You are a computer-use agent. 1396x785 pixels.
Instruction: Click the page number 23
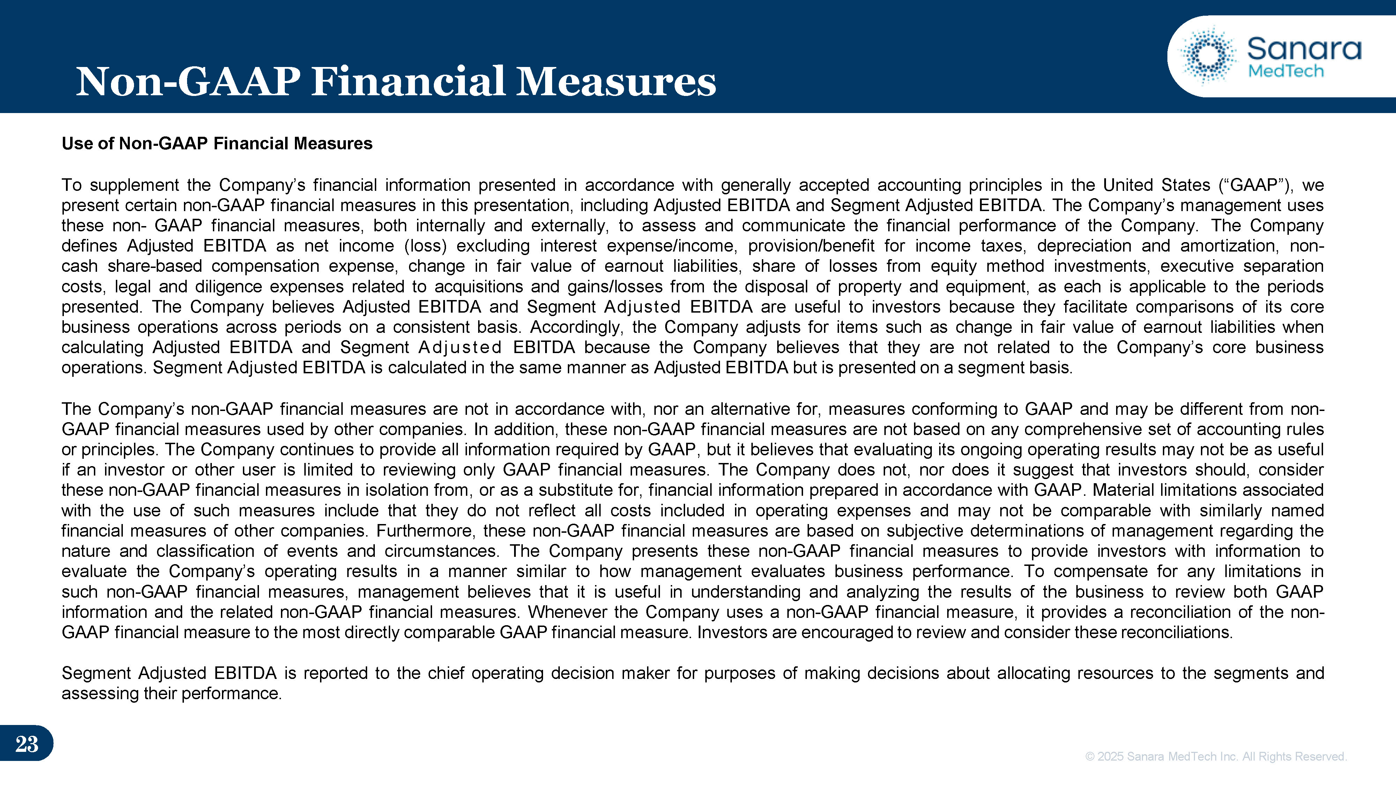point(27,744)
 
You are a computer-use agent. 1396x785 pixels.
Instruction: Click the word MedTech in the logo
point(1285,71)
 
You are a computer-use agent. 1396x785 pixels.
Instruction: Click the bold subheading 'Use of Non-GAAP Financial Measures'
point(217,143)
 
